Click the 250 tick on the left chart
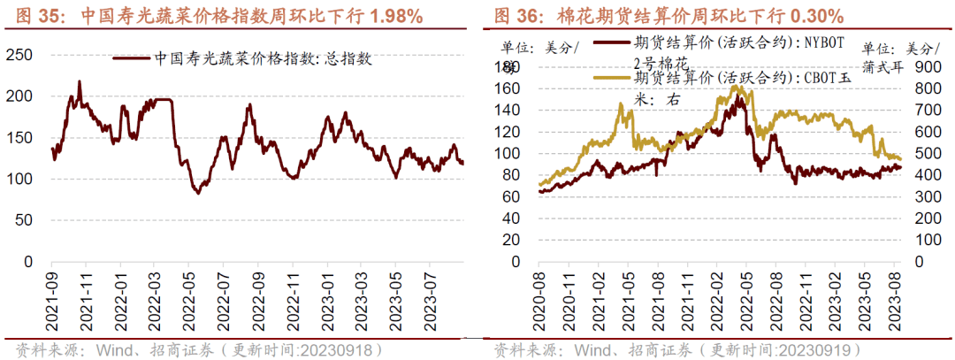22,55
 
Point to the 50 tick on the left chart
26,220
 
